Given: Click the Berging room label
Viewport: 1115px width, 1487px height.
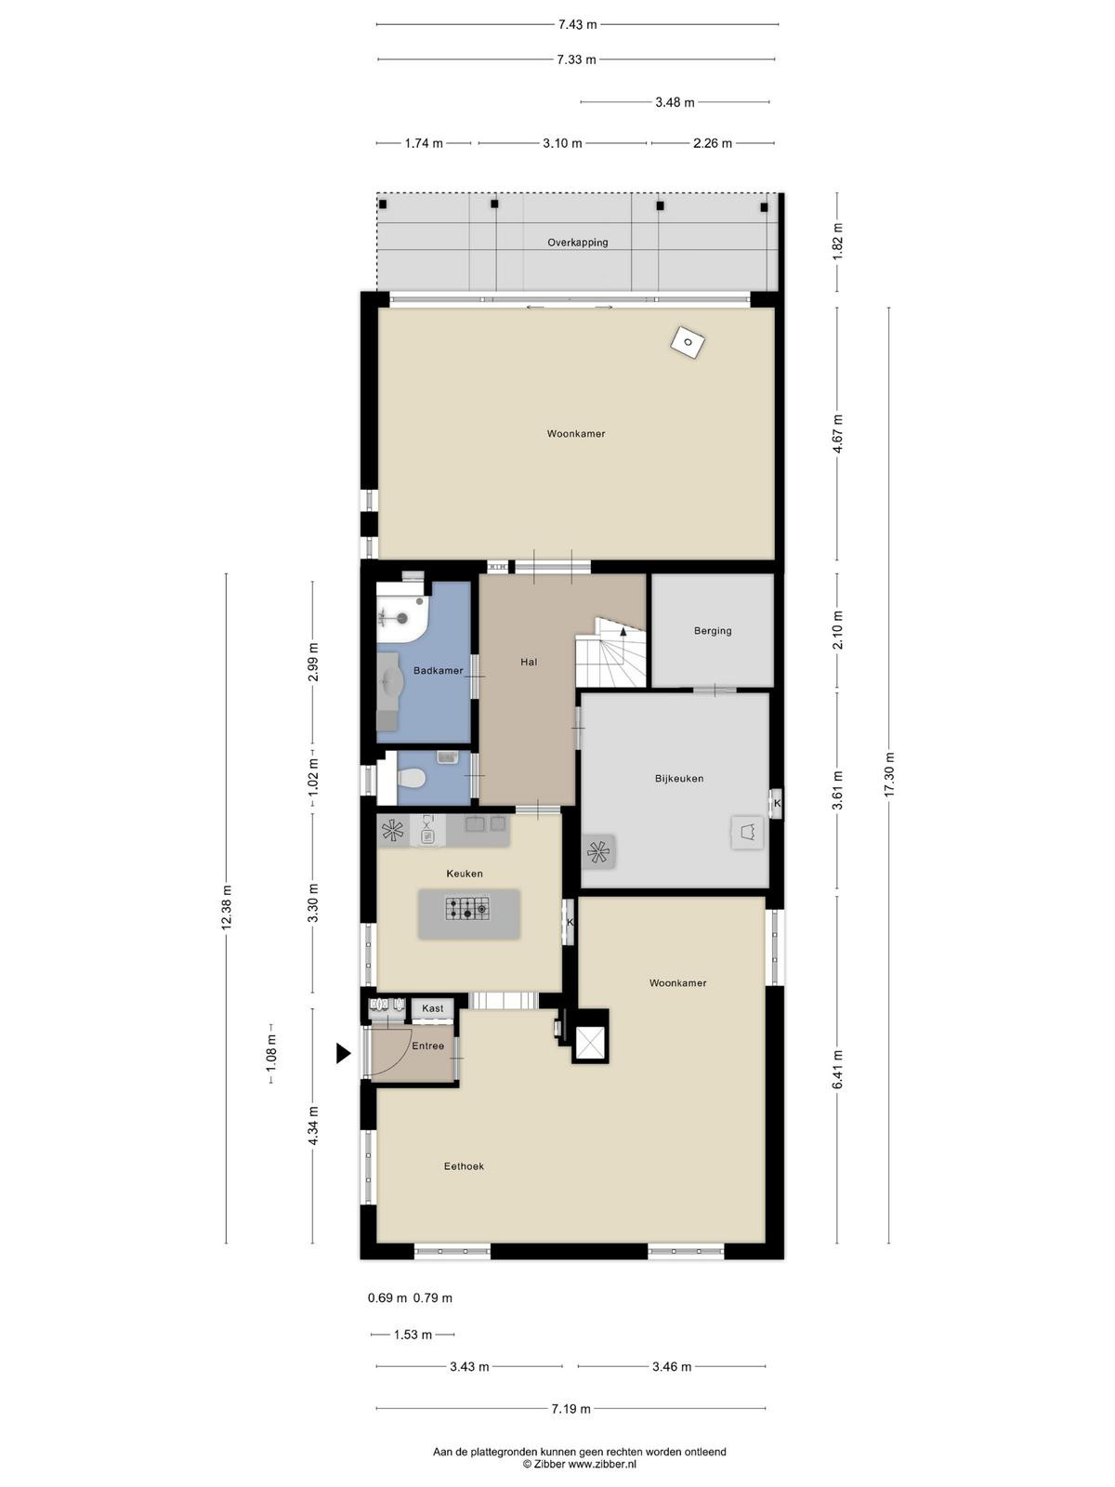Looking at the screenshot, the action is [712, 631].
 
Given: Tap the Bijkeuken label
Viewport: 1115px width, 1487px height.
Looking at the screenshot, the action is [678, 779].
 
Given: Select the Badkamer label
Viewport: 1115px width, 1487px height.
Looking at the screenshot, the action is [438, 671].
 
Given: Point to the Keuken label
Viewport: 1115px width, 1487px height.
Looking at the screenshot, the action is [465, 874].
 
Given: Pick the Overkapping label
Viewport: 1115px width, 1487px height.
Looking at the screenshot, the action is [577, 243].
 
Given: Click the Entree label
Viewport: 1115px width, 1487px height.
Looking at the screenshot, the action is [427, 1046].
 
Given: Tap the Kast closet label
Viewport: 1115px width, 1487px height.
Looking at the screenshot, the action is [433, 1008].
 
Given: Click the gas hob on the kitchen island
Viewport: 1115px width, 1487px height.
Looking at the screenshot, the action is [467, 908].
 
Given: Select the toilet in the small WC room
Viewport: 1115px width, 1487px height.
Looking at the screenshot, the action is [411, 779].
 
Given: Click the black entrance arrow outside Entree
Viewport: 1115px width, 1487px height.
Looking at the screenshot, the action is [344, 1053].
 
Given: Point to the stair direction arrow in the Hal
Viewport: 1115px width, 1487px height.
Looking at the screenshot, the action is [623, 632].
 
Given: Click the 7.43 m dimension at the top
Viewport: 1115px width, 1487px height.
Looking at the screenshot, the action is [577, 25].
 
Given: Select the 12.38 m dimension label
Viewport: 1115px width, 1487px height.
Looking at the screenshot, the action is [226, 908].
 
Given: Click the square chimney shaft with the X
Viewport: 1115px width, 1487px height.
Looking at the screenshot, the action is [590, 1043].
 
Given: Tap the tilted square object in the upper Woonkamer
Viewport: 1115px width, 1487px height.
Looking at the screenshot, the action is [688, 342].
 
